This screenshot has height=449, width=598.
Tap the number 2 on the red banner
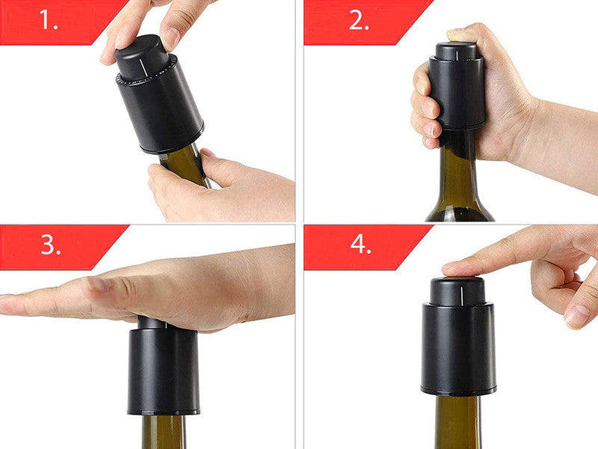359,20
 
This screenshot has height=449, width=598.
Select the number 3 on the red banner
51,245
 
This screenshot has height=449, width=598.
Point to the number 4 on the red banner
360,244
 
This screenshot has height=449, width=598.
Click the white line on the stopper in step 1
144,67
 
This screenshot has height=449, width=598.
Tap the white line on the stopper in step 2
457,55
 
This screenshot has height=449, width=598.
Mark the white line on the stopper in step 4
462,293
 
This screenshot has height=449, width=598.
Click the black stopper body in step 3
163,370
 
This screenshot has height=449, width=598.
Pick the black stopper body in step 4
457,348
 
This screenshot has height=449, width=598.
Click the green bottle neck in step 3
164,432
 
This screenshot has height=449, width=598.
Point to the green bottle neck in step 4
457,422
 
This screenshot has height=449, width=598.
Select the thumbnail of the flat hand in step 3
98,284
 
